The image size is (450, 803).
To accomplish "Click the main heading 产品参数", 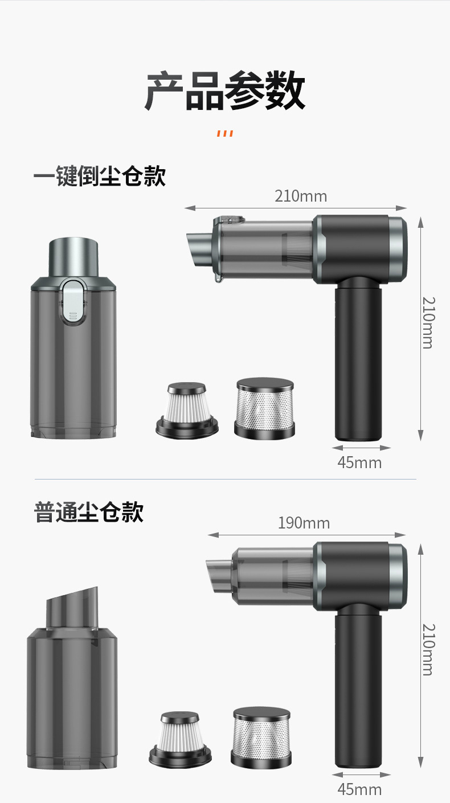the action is (225, 91).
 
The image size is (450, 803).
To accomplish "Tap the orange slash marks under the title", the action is (225, 133).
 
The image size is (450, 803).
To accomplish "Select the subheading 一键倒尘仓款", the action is (100, 176).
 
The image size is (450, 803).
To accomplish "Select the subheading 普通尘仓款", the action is (89, 511).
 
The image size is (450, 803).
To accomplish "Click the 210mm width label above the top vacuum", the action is (301, 196).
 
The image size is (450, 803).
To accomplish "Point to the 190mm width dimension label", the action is (304, 523).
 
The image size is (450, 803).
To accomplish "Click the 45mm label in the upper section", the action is (359, 462).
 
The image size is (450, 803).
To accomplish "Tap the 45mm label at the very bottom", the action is (359, 789).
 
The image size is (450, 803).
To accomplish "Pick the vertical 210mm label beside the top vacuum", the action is (428, 323).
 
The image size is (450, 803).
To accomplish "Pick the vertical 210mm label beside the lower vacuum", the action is (428, 650).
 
